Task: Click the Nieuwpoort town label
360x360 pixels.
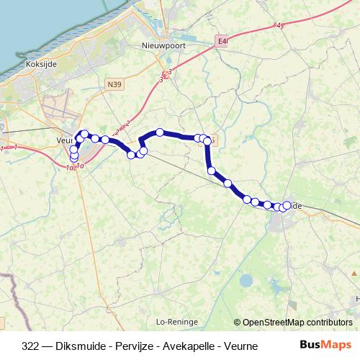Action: pyautogui.click(x=161, y=45)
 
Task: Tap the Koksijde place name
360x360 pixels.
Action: pyautogui.click(x=40, y=63)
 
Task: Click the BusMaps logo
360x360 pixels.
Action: pyautogui.click(x=325, y=345)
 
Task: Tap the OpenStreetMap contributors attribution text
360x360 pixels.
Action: pyautogui.click(x=297, y=323)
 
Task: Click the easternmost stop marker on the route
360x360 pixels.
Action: pyautogui.click(x=287, y=205)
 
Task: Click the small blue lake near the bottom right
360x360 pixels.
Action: pyautogui.click(x=247, y=281)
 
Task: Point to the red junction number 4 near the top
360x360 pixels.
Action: pyautogui.click(x=278, y=26)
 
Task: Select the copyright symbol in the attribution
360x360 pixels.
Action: pyautogui.click(x=237, y=323)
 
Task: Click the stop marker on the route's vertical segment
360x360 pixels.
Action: pyautogui.click(x=212, y=171)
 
